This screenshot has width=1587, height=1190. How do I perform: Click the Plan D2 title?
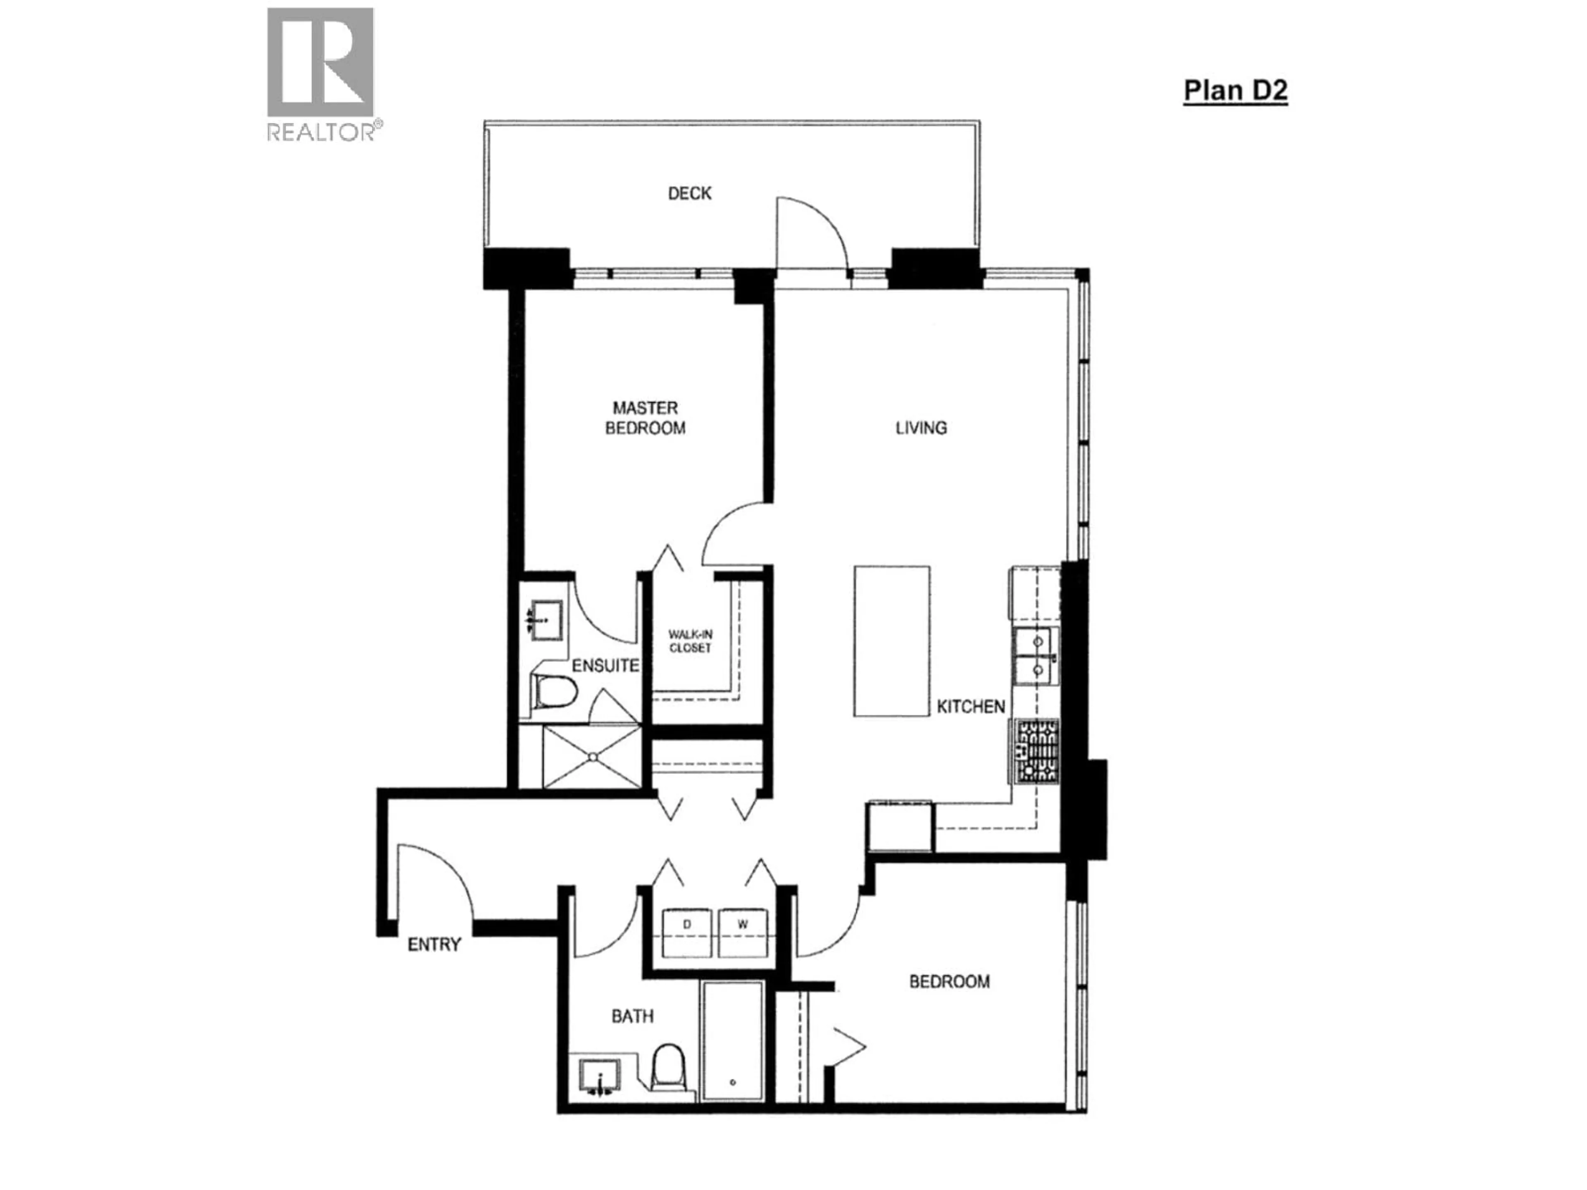coord(1235,90)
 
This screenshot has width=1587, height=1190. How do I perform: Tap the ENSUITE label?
coord(605,666)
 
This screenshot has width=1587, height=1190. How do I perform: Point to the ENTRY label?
coord(434,945)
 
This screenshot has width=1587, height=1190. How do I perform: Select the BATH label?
coord(632,1016)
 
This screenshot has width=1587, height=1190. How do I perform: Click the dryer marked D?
coord(686,933)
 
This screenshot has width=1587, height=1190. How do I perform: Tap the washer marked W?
coord(743,933)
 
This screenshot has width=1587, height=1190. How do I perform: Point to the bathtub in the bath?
coord(732,1051)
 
